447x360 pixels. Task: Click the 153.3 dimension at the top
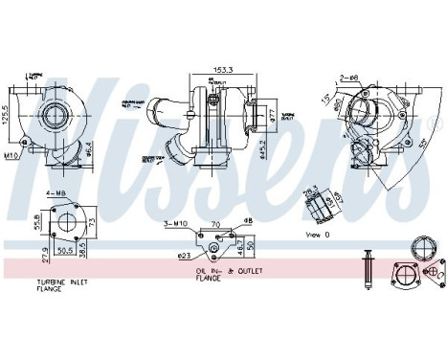[x=224, y=70]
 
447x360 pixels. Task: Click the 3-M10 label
[x=178, y=223]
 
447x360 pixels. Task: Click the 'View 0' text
[x=320, y=235]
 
